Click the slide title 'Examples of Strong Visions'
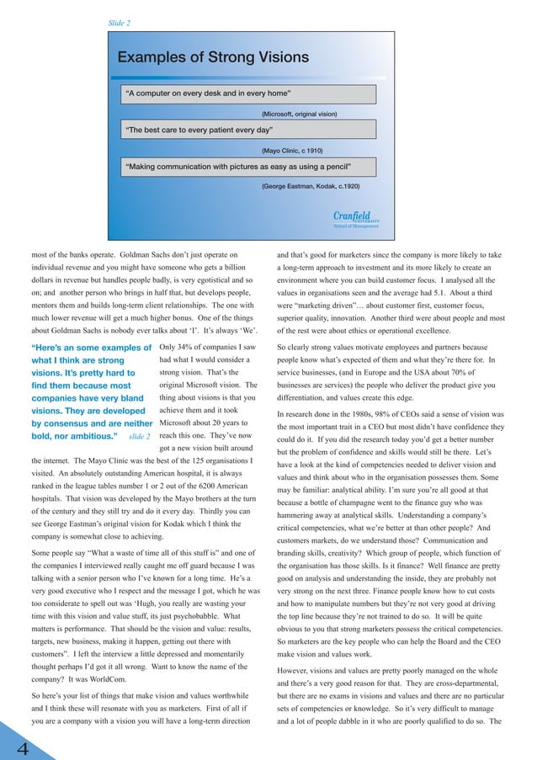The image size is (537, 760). pyautogui.click(x=213, y=58)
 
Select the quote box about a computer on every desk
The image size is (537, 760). pyautogui.click(x=249, y=93)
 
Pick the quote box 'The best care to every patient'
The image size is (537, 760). pyautogui.click(x=249, y=130)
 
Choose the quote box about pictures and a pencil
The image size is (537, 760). pyautogui.click(x=249, y=166)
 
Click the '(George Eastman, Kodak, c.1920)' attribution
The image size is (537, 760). pyautogui.click(x=311, y=185)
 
